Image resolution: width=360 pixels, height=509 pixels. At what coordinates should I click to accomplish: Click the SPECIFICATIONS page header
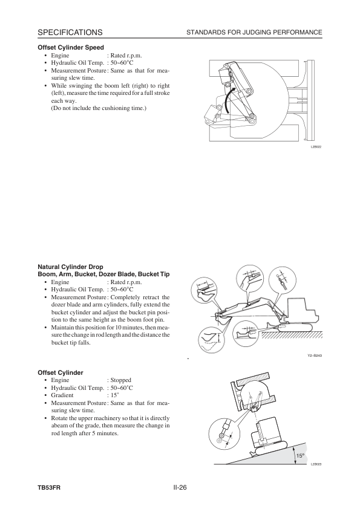(x=70, y=33)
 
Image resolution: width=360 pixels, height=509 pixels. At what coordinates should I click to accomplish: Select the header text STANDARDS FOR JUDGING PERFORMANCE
(x=254, y=33)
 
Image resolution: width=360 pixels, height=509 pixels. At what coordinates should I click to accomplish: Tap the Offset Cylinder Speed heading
(x=71, y=47)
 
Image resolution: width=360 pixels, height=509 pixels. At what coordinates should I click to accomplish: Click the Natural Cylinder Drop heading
(x=71, y=267)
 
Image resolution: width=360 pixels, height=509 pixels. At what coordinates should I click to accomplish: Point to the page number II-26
(x=180, y=487)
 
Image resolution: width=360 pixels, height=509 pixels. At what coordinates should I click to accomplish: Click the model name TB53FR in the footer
(x=49, y=488)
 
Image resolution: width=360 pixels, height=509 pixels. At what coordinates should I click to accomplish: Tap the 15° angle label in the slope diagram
(x=300, y=455)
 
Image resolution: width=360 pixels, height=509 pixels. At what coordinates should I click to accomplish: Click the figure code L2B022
(x=316, y=147)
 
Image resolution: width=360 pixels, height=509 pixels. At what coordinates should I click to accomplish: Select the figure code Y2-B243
(x=315, y=356)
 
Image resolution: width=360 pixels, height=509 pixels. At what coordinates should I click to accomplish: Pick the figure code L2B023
(x=316, y=464)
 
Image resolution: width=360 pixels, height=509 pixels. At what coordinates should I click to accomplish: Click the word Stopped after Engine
(x=121, y=380)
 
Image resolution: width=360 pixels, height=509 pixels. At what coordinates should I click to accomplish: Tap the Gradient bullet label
(x=62, y=395)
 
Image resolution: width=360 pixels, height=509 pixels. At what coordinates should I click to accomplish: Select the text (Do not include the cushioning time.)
(x=99, y=108)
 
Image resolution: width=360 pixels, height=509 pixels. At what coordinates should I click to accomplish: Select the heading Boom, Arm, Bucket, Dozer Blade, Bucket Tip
(x=103, y=274)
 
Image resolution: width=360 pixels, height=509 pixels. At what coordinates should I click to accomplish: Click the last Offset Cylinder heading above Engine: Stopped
(x=61, y=372)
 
